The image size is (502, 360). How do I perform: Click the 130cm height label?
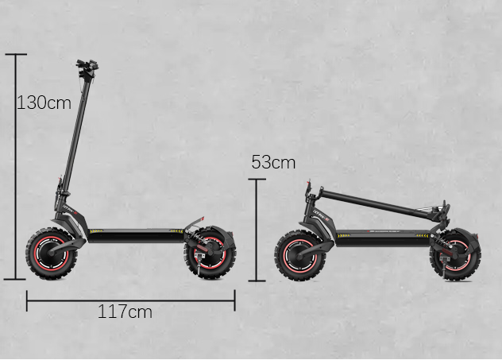pyautogui.click(x=44, y=103)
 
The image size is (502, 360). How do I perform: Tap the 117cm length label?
pyautogui.click(x=125, y=312)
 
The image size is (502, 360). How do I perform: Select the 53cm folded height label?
pyautogui.click(x=273, y=162)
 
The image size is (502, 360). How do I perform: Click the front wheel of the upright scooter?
pyautogui.click(x=51, y=254)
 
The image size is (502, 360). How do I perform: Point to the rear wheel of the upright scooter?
pyautogui.click(x=210, y=254)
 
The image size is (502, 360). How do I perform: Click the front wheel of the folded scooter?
pyautogui.click(x=300, y=255)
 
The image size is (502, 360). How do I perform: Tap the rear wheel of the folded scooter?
pyautogui.click(x=456, y=255)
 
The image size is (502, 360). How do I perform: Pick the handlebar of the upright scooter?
pyautogui.click(x=87, y=68)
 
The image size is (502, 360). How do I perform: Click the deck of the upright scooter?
pyautogui.click(x=135, y=236)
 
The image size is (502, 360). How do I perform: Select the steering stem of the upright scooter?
pyautogui.click(x=75, y=134)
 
